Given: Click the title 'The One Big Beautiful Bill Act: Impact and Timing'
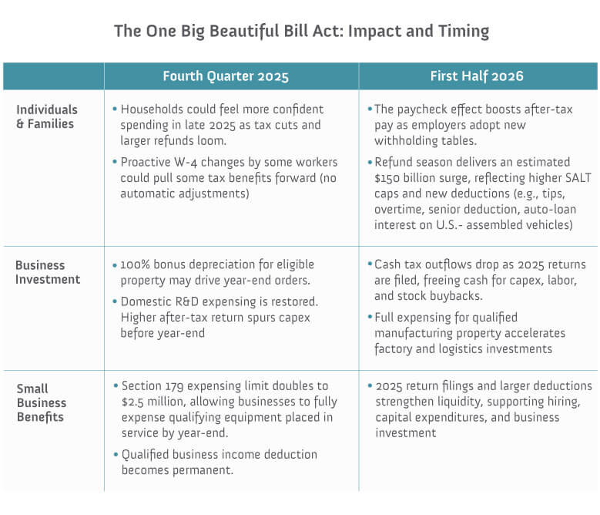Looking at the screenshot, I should [301, 32].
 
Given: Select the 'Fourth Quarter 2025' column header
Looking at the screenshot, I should [226, 76].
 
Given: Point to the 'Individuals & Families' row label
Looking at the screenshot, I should [47, 116].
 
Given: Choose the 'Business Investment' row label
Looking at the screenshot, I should [48, 272].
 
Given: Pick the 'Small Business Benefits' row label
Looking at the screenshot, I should [41, 403].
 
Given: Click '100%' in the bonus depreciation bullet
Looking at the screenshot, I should [136, 264].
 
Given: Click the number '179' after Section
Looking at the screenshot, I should [174, 385].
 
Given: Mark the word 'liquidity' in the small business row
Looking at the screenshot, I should [458, 402].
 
